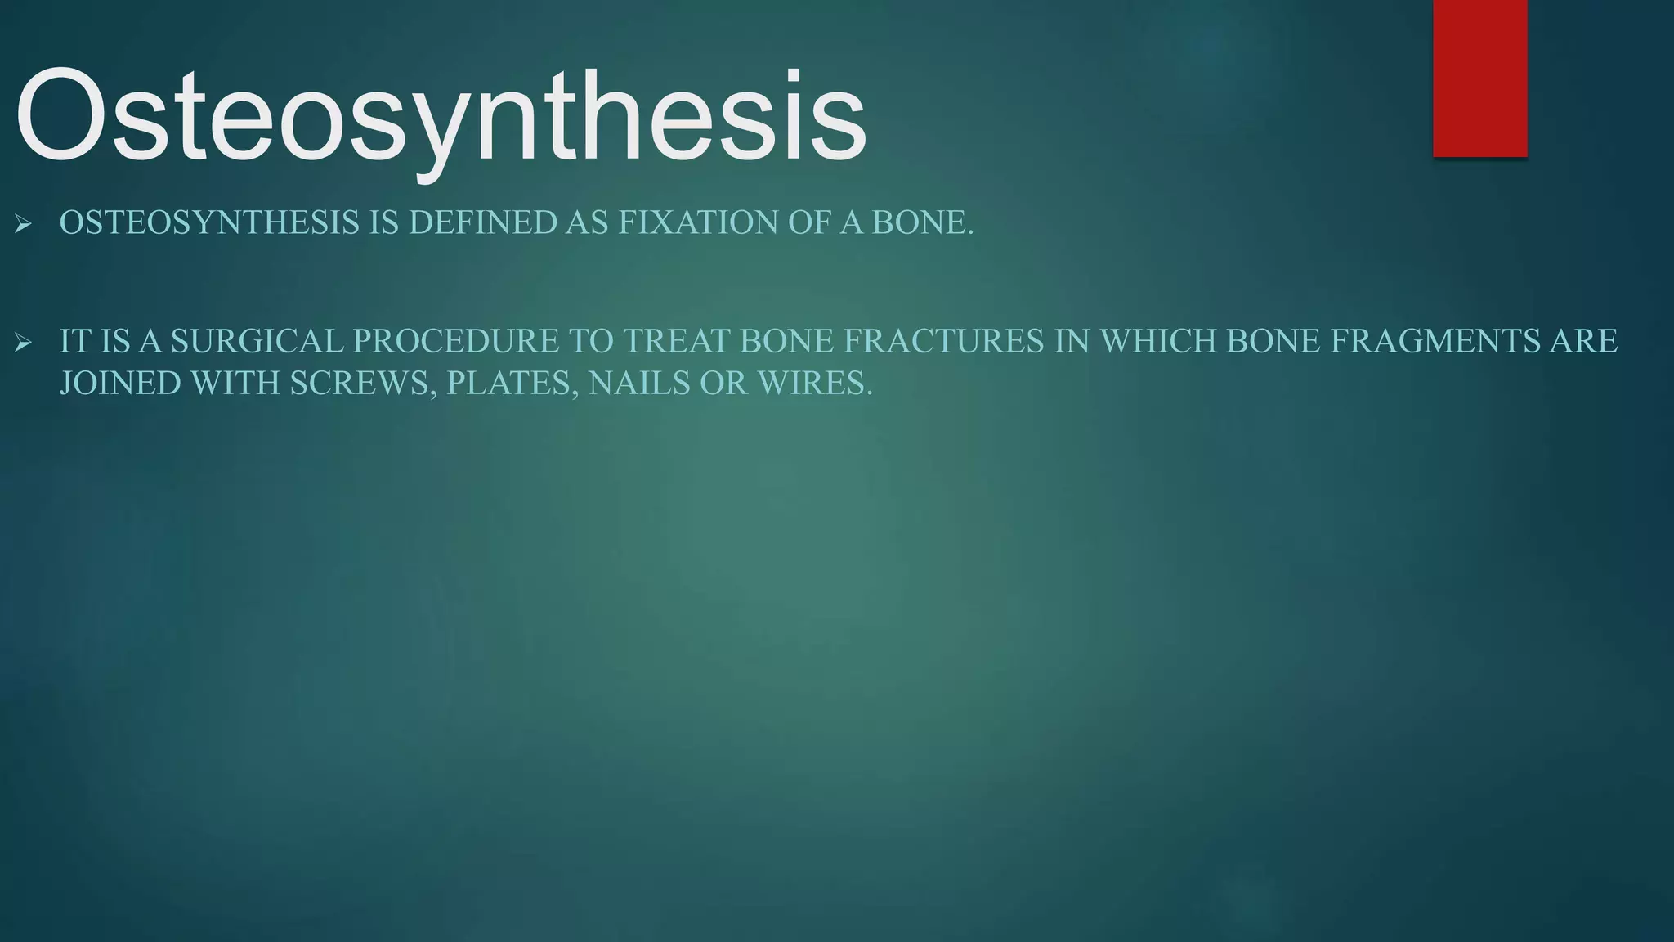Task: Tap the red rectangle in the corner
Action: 1479,78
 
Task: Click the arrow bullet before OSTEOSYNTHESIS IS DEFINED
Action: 23,223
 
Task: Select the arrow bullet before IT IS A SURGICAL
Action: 23,342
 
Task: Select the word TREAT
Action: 677,342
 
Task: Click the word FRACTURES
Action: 944,342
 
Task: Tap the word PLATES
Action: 512,384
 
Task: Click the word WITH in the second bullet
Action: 235,384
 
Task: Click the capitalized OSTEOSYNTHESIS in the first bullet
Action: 208,223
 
